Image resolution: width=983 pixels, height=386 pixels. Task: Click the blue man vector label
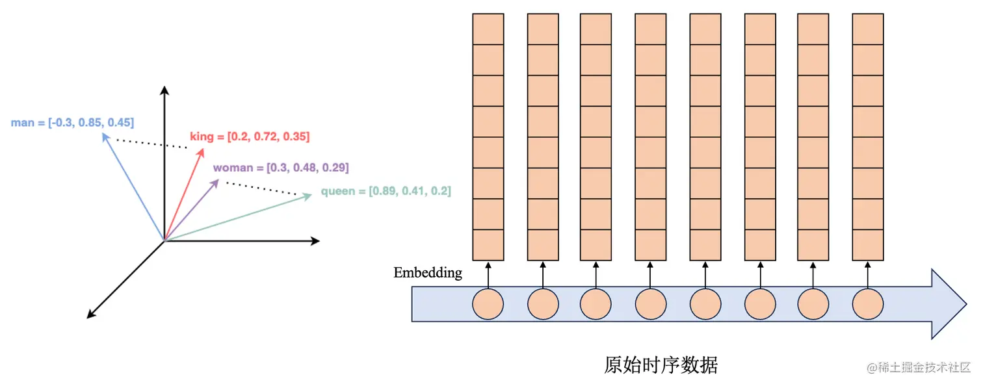(x=72, y=122)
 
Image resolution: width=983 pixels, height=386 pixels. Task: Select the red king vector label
(x=250, y=136)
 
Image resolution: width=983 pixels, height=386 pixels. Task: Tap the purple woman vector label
(x=281, y=168)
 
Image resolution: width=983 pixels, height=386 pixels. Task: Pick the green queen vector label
(x=386, y=191)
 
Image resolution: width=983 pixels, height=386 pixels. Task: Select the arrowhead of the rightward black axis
(x=315, y=241)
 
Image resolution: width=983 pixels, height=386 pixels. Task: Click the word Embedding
(x=428, y=273)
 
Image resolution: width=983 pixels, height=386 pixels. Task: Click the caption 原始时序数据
(x=661, y=365)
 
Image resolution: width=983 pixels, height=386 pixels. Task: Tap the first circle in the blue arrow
(x=488, y=303)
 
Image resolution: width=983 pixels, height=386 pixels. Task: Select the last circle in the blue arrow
(x=868, y=303)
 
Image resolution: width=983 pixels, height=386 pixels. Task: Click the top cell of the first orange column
(x=488, y=29)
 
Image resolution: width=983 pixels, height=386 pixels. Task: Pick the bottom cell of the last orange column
(x=868, y=245)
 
